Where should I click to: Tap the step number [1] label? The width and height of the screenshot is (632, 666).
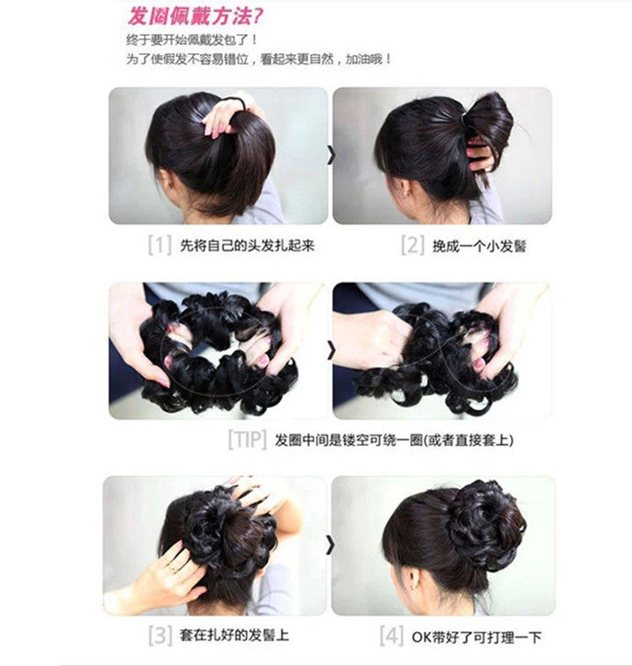(160, 246)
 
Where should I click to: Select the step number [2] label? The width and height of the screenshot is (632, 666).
(412, 246)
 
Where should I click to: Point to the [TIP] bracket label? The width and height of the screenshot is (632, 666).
(246, 439)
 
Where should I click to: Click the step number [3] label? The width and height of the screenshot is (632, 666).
(159, 634)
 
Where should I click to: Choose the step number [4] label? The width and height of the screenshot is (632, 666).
(392, 634)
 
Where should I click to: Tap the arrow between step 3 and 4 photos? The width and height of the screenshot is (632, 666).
(330, 547)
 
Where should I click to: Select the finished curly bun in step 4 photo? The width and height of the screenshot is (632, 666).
(483, 523)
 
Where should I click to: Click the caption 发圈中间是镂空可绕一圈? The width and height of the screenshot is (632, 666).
(394, 439)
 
